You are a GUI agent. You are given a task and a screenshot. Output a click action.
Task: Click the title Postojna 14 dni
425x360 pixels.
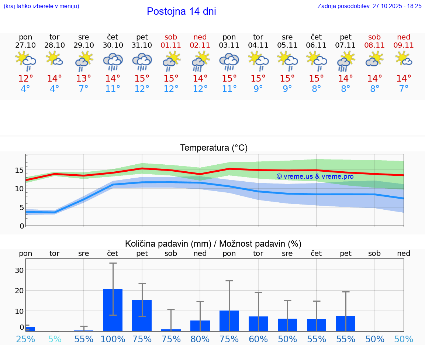tap(181, 11)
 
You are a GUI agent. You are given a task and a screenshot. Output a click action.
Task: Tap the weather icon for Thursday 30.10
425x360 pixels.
tap(113, 61)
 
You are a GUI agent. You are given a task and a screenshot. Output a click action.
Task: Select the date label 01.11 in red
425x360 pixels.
tap(171, 45)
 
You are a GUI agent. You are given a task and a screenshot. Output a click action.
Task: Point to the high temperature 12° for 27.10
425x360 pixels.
tap(25, 79)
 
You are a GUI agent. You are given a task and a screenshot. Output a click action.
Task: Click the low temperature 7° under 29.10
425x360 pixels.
tap(84, 89)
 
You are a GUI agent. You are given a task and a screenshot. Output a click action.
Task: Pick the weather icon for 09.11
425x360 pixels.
tap(404, 59)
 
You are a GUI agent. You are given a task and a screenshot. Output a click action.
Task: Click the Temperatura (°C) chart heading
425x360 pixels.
tap(214, 148)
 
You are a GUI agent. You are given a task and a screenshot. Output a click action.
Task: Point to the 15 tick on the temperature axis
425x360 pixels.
tap(19, 170)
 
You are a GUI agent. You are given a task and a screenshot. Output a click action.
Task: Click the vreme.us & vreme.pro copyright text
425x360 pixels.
tap(315, 176)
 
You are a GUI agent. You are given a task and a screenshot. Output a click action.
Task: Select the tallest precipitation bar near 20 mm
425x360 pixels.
tap(113, 310)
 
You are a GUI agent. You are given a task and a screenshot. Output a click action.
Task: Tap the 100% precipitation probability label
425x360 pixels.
tap(113, 339)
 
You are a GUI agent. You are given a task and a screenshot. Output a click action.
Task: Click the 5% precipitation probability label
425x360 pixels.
tap(55, 339)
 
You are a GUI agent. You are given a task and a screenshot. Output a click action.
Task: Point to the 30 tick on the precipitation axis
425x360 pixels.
tap(19, 270)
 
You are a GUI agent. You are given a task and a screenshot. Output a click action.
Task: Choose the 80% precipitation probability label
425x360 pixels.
tap(200, 339)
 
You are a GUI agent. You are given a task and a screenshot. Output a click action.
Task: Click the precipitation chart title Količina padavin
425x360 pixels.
tap(213, 244)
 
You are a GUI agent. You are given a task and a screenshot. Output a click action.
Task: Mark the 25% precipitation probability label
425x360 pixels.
tap(25, 339)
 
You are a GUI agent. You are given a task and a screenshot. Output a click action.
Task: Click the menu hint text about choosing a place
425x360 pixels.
tap(41, 6)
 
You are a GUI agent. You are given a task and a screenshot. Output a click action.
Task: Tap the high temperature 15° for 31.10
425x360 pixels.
tap(142, 79)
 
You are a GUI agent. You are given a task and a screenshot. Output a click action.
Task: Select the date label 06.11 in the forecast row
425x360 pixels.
tap(316, 45)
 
